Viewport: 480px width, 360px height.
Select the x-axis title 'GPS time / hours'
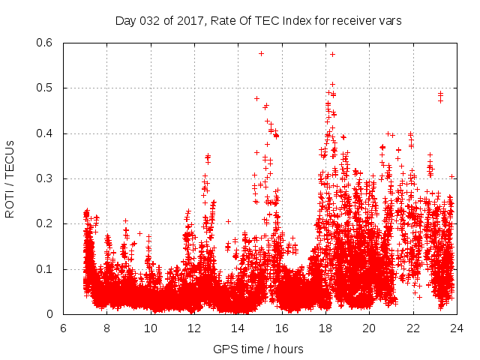tap(259, 349)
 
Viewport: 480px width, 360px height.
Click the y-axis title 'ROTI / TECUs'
tap(10, 178)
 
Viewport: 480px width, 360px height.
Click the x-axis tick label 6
tap(63, 328)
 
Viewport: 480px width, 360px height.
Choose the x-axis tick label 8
tap(106, 328)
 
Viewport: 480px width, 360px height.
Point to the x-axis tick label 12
tap(194, 328)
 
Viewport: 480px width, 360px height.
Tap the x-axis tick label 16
tap(282, 328)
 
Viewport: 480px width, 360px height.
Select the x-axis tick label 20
tap(369, 328)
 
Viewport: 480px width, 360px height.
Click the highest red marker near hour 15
tap(261, 53)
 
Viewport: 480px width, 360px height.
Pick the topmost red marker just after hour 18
tap(332, 54)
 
